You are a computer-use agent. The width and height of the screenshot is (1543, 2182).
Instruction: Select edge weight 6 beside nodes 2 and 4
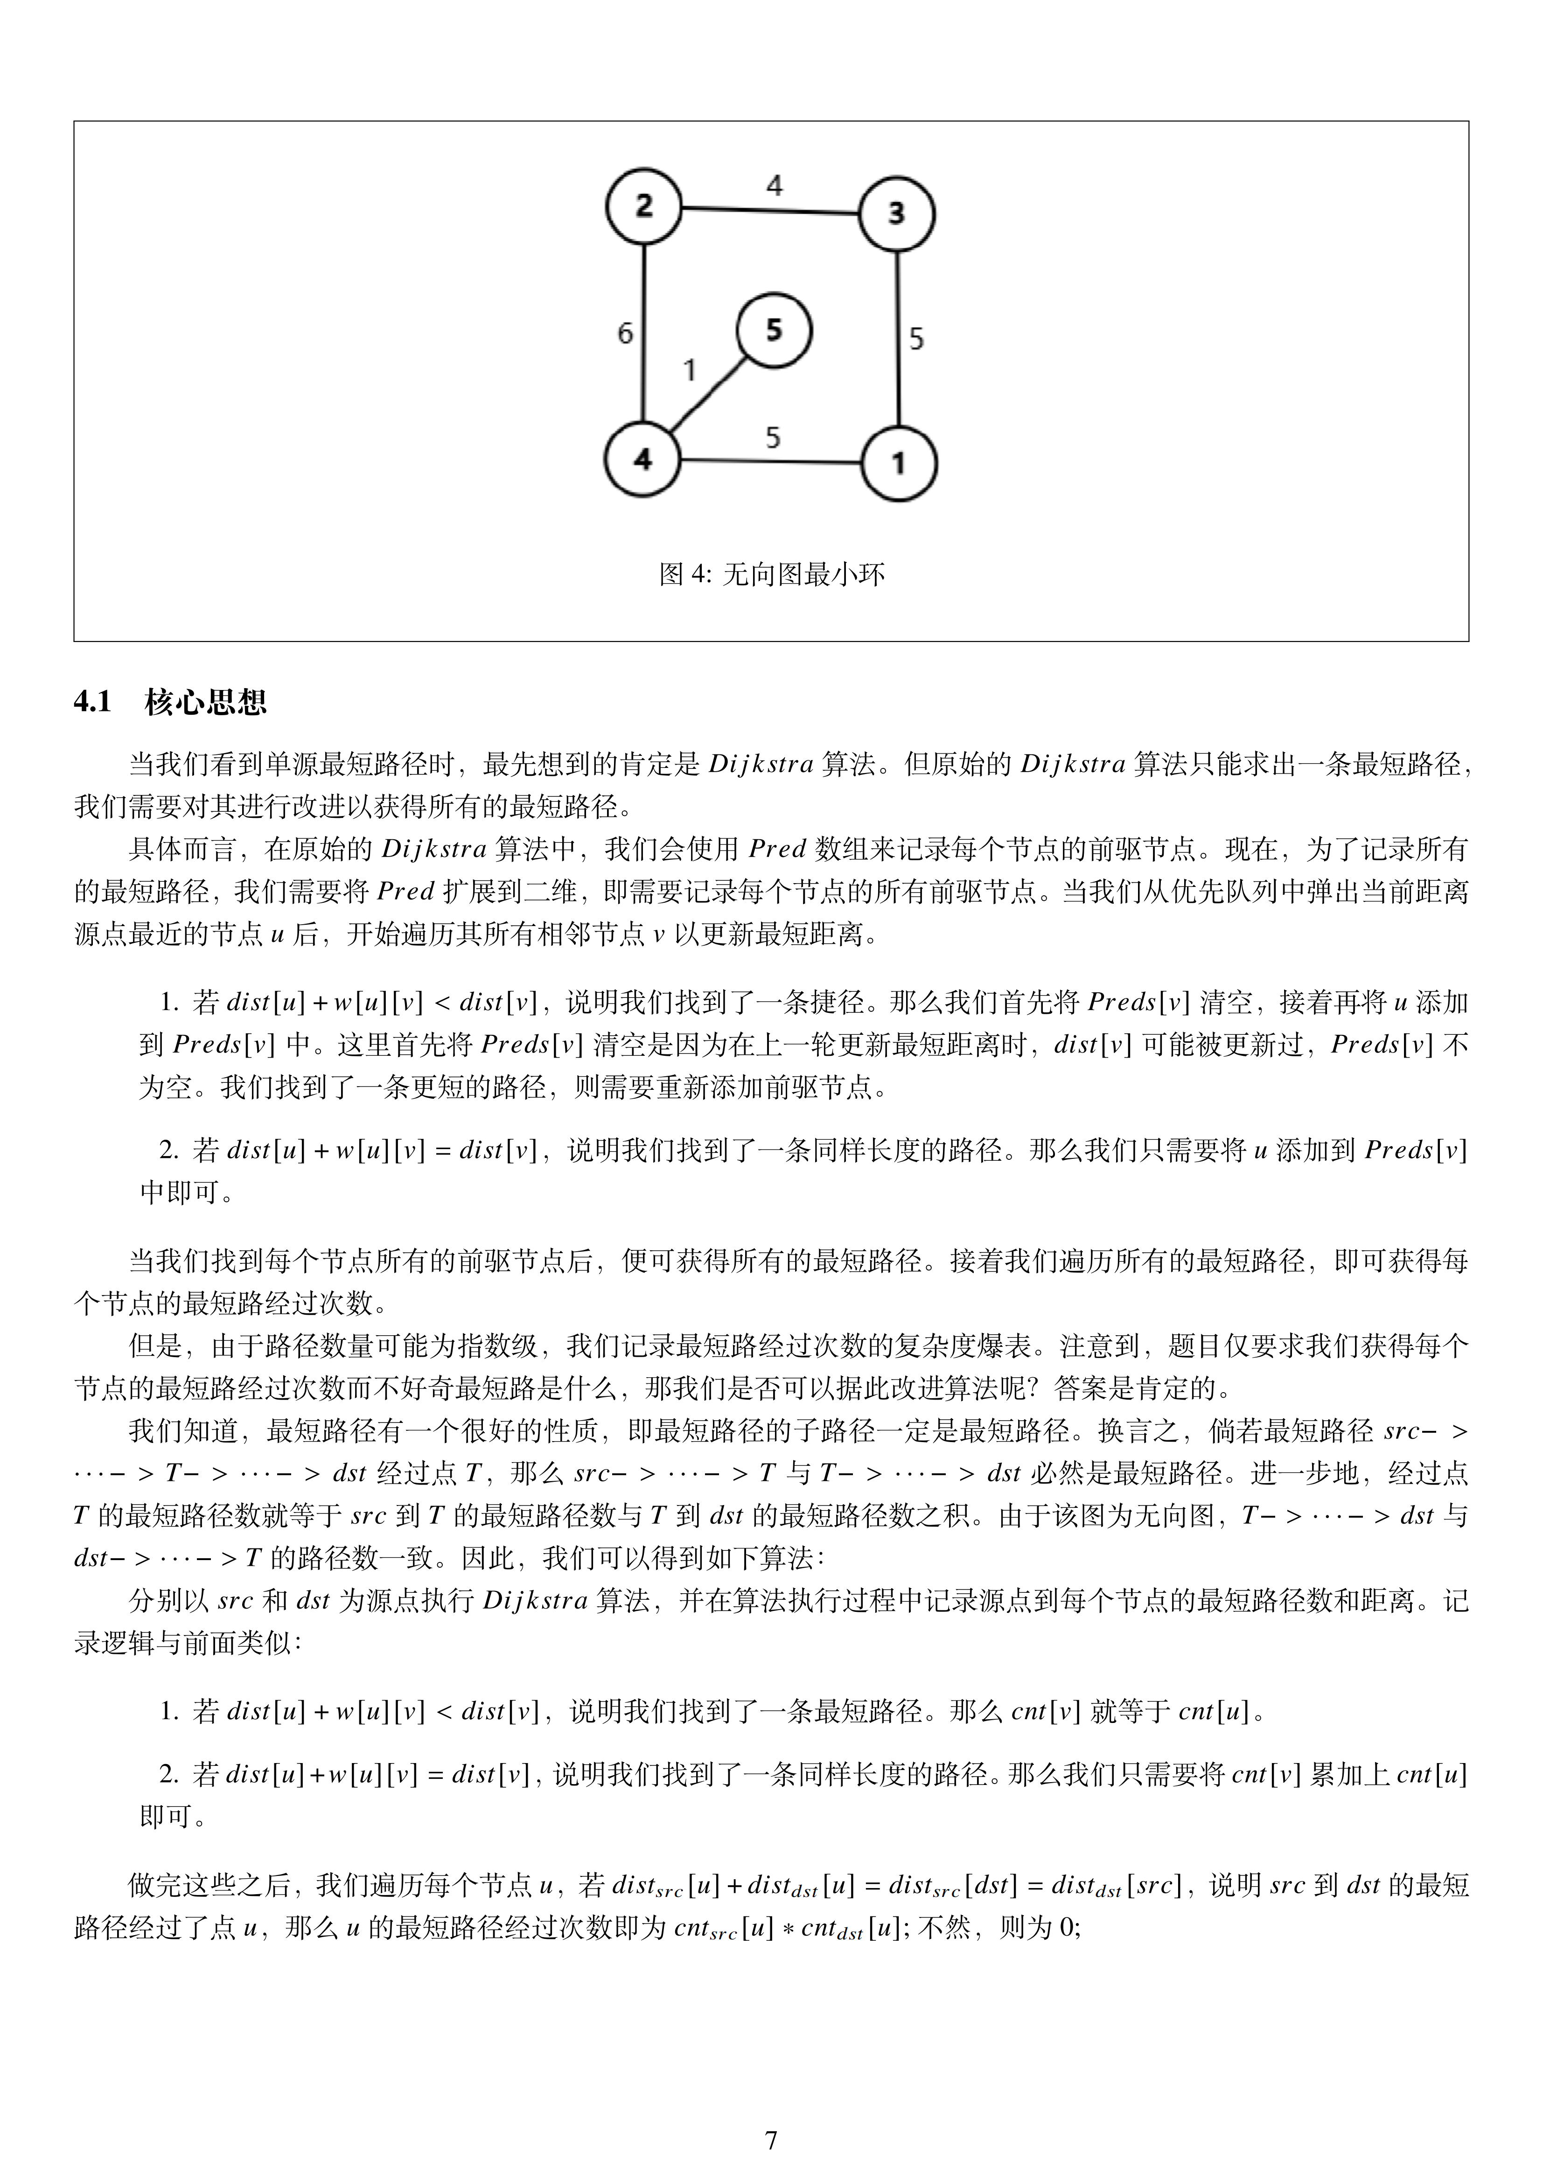pos(625,334)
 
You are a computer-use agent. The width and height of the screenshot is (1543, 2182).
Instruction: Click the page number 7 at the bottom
pos(771,2113)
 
